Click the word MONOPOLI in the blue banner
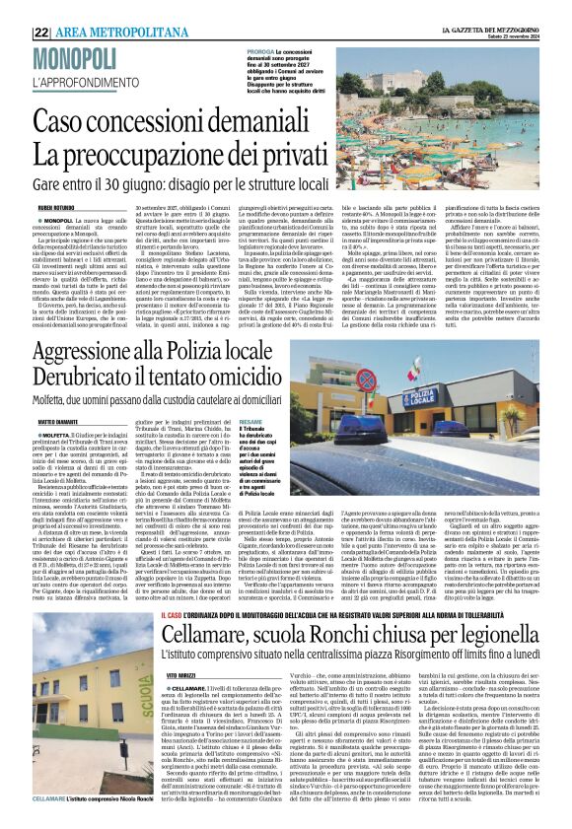click(72, 58)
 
